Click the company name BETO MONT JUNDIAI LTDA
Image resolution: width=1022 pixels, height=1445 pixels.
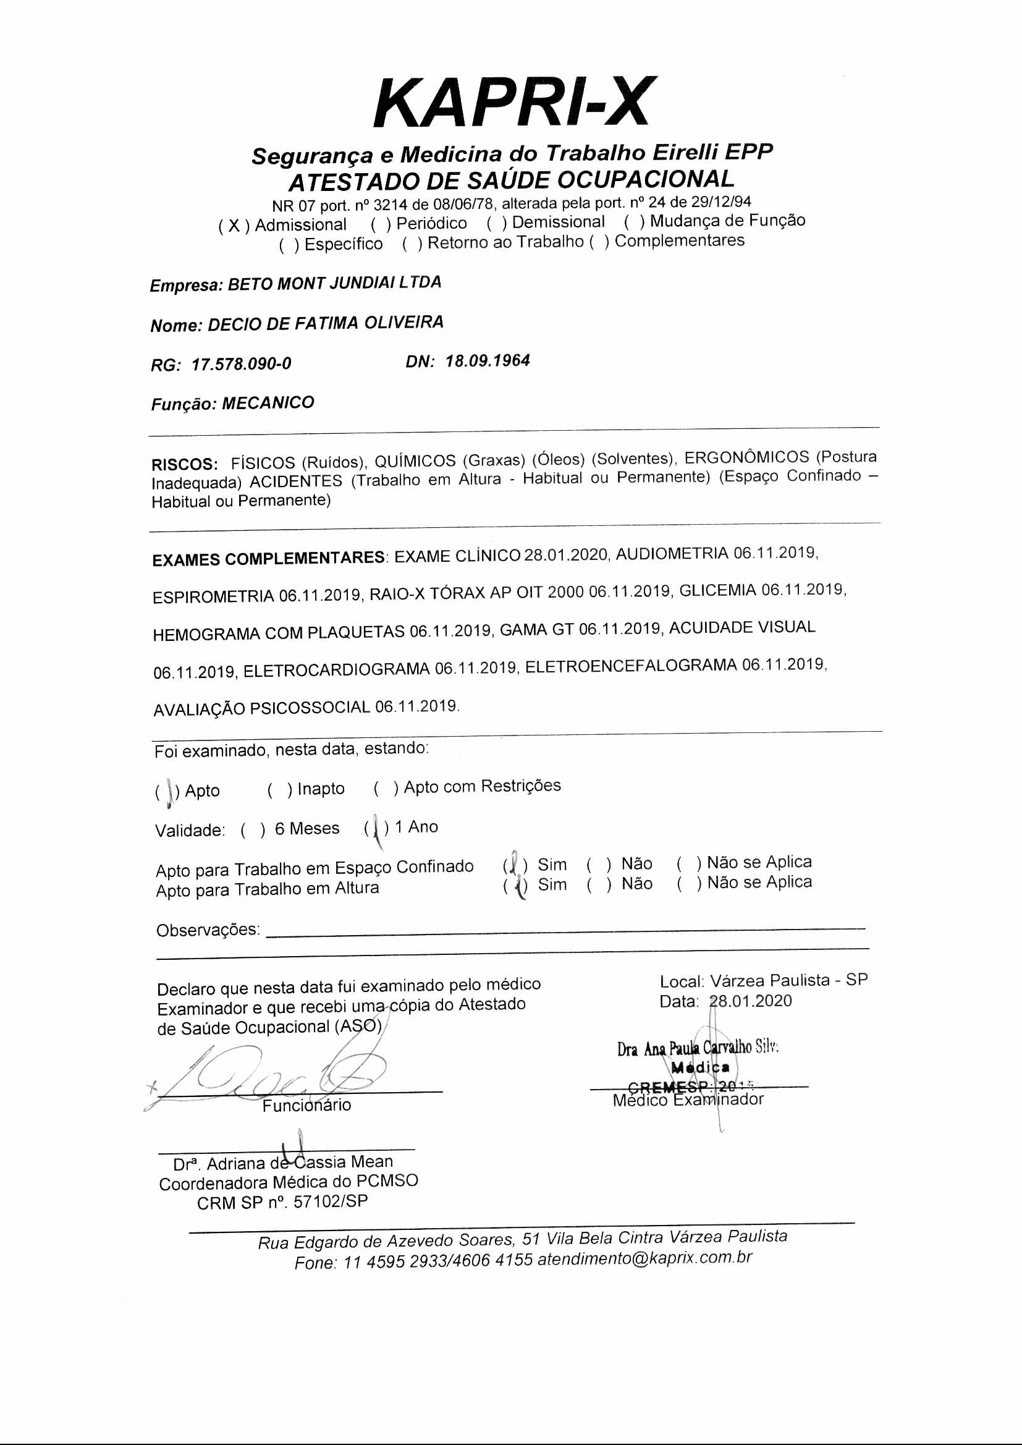(334, 283)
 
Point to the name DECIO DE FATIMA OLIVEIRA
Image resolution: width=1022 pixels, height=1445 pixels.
(326, 323)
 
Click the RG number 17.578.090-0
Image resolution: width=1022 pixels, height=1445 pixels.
(241, 364)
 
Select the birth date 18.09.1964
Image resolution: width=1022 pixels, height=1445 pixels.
(488, 360)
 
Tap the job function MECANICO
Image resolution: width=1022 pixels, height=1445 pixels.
(268, 403)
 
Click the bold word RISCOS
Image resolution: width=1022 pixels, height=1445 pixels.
(184, 465)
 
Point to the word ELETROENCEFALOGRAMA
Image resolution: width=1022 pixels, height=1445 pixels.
(631, 666)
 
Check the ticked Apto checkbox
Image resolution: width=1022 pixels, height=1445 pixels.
(167, 792)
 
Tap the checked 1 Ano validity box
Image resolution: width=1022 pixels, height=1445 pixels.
(376, 828)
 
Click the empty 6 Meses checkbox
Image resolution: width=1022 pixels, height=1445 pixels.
(252, 831)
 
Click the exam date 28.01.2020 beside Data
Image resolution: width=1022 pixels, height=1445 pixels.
(750, 1001)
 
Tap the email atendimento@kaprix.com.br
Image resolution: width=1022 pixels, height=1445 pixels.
(645, 1259)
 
